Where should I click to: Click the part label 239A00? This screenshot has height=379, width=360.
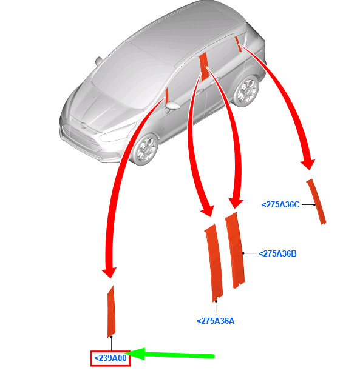[x=110, y=358]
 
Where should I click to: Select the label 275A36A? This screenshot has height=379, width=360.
[x=216, y=321]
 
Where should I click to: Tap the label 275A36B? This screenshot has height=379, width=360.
[x=277, y=253]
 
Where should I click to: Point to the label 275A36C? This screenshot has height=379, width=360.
[x=280, y=204]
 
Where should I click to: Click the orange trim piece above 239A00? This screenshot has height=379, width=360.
[x=111, y=312]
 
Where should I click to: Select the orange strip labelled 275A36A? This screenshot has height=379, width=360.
[x=214, y=263]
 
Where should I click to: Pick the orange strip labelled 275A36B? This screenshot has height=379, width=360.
[x=235, y=250]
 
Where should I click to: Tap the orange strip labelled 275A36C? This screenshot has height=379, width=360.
[x=316, y=201]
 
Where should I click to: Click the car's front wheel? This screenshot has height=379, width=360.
[x=146, y=149]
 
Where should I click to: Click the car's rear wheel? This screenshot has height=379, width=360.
[x=246, y=90]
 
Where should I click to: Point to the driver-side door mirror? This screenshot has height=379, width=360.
[x=172, y=106]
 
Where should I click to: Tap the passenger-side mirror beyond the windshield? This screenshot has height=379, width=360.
[x=98, y=61]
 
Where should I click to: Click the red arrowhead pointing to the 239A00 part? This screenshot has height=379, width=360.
[x=109, y=273]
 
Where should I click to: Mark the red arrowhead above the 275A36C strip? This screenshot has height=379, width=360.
[x=308, y=164]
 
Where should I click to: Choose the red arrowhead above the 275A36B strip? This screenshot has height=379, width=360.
[x=236, y=204]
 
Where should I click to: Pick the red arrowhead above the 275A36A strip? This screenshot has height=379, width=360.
[x=208, y=211]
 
